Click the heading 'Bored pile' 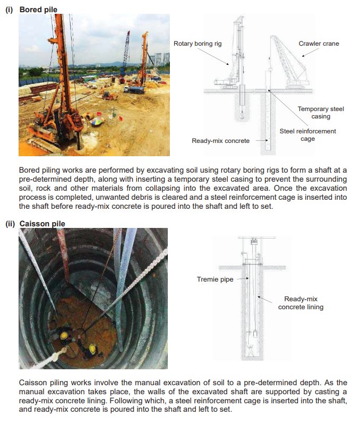[38, 9]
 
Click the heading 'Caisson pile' [42, 224]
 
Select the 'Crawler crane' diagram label [319, 44]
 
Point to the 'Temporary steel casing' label [321, 113]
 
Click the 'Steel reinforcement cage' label [308, 135]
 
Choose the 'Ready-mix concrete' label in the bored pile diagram [220, 141]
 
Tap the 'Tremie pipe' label [215, 278]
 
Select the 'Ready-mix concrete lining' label [301, 303]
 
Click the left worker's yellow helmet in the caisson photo [64, 335]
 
